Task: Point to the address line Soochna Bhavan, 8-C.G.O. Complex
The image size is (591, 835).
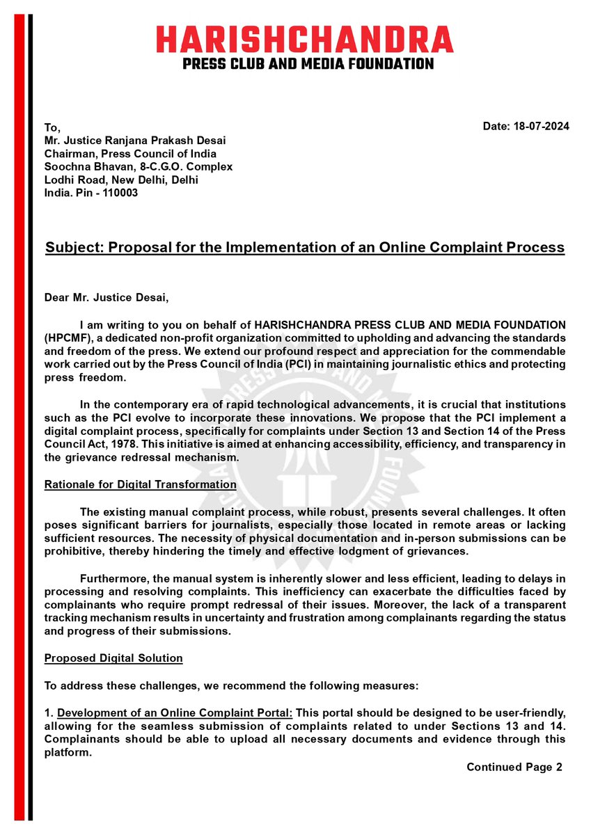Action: pyautogui.click(x=138, y=167)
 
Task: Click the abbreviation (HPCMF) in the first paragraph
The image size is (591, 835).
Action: pyautogui.click(x=68, y=337)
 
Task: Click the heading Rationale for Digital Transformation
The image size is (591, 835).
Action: pyautogui.click(x=140, y=484)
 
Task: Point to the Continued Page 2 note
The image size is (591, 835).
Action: pyautogui.click(x=513, y=767)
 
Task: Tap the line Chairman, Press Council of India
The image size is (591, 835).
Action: pyautogui.click(x=129, y=154)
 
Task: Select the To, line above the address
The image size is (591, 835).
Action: pyautogui.click(x=52, y=128)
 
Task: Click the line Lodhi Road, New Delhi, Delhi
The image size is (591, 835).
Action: pyautogui.click(x=121, y=180)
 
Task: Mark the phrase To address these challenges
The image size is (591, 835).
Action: pyautogui.click(x=111, y=685)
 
